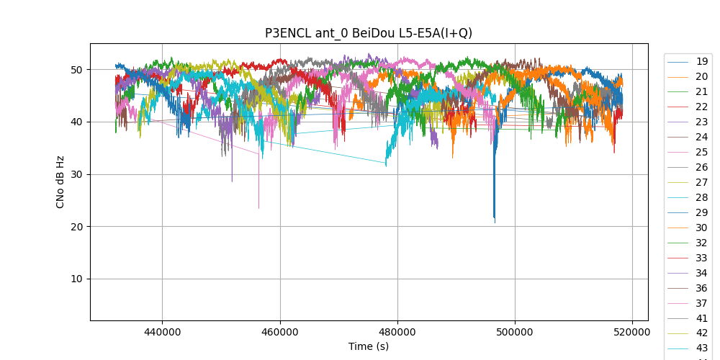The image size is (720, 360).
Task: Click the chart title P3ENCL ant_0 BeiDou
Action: click(369, 33)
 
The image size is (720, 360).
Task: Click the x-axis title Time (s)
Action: click(369, 346)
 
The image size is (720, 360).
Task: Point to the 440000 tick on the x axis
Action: click(162, 333)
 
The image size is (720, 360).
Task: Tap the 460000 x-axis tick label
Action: click(279, 333)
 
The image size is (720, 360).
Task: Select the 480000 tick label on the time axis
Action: click(397, 333)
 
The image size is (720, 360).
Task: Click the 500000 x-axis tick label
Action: click(515, 333)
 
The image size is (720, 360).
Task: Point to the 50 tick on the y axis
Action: click(76, 70)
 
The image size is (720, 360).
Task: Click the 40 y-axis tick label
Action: click(76, 122)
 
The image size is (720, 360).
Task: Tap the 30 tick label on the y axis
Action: click(76, 174)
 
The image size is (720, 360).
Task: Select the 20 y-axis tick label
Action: click(76, 227)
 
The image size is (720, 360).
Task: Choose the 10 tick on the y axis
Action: click(76, 279)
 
